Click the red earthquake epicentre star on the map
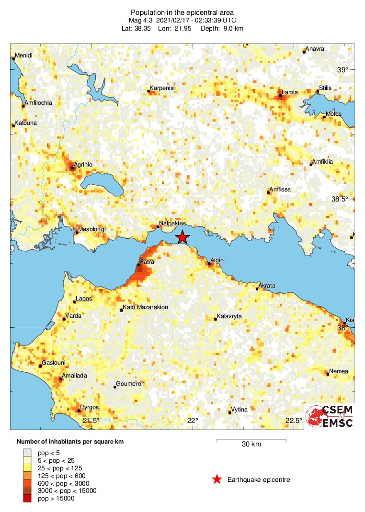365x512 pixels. coord(182,237)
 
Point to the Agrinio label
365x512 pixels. coord(83,165)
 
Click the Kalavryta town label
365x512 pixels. coord(229,317)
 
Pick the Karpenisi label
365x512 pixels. coord(162,88)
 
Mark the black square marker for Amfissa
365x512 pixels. coord(268,193)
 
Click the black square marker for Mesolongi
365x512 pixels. coord(76,233)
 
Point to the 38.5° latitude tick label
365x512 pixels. coord(342,199)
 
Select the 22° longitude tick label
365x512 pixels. coord(193,421)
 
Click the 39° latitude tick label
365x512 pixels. coord(342,70)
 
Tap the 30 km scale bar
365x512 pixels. coord(251,440)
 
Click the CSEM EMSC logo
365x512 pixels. coord(330,416)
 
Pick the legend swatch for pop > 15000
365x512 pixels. coord(27,499)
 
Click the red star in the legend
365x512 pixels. coord(217,479)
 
